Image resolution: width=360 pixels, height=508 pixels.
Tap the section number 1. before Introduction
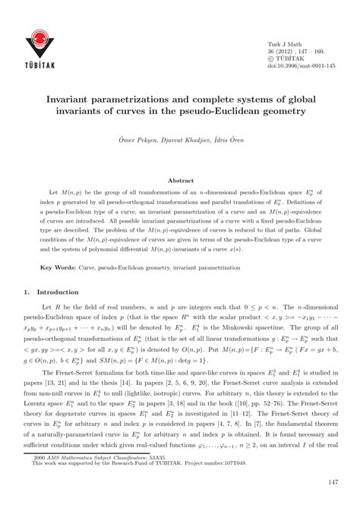click(x=28, y=291)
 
